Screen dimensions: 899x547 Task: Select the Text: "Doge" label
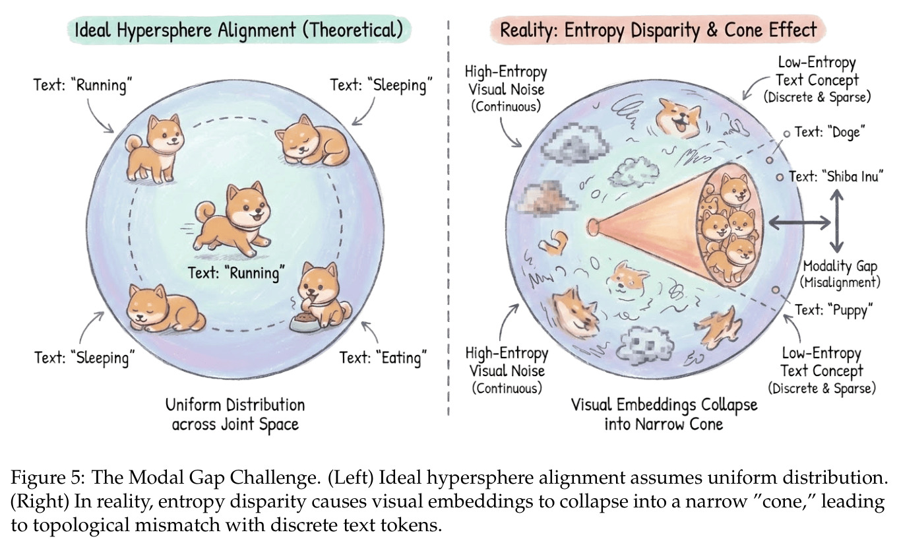click(x=830, y=132)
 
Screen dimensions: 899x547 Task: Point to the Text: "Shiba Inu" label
click(x=836, y=176)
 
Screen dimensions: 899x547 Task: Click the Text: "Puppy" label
click(x=834, y=310)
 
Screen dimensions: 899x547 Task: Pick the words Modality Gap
click(x=840, y=266)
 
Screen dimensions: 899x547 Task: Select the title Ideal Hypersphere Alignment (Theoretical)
click(x=239, y=30)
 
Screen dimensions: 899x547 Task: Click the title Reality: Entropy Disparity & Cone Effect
click(x=658, y=30)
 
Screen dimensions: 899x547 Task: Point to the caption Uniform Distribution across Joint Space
click(x=235, y=414)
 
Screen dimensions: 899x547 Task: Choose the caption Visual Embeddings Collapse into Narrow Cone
click(x=664, y=414)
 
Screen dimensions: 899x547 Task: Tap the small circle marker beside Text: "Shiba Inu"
click(x=780, y=177)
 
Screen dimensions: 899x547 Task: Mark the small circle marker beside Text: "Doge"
click(x=787, y=134)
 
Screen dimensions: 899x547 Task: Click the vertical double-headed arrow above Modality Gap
click(x=837, y=221)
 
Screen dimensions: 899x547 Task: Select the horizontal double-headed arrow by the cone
click(x=799, y=223)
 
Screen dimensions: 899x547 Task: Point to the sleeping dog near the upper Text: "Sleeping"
click(x=312, y=141)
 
